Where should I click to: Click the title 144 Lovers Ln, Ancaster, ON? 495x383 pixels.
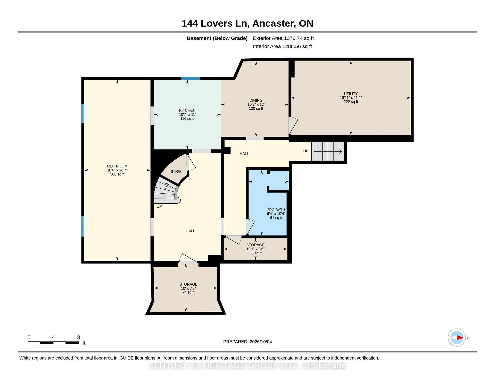pos(247,23)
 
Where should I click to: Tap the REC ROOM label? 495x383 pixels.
pos(117,166)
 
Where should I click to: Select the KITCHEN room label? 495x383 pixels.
pos(187,110)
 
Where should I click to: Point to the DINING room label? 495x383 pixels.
pos(256,100)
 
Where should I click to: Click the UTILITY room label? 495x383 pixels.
pos(351,94)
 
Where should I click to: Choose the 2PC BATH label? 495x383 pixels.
pos(276,210)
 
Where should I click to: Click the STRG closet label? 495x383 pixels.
pos(176,171)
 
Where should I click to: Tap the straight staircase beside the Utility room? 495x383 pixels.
pos(328,151)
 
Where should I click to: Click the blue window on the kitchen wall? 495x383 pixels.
pos(190,78)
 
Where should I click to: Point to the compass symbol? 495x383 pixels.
pos(457,338)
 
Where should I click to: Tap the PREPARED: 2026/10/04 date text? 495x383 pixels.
pos(247,342)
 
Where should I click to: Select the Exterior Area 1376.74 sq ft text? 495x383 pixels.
pos(283,38)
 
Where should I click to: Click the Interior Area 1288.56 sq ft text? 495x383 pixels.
pos(282,46)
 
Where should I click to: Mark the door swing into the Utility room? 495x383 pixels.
pos(293,125)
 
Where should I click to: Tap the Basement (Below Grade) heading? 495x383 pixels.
pos(217,38)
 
